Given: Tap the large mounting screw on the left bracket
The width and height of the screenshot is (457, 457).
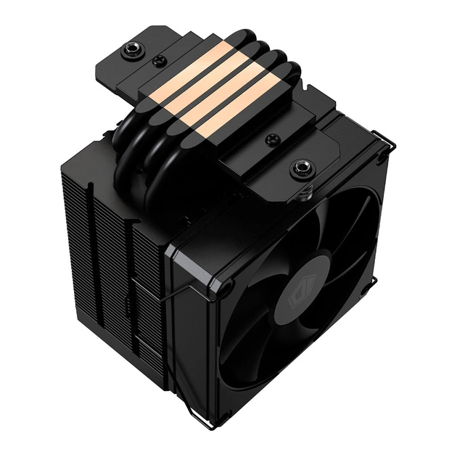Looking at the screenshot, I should (x=132, y=51).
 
